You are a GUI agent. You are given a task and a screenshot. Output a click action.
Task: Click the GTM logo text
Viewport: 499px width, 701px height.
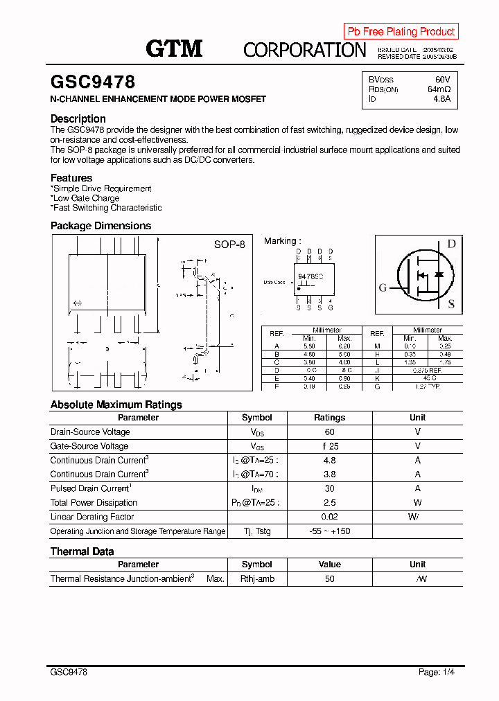point(174,48)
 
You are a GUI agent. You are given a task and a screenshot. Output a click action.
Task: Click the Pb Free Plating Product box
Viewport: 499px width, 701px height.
point(401,31)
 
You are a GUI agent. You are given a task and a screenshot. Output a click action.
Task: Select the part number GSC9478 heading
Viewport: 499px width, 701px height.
point(93,82)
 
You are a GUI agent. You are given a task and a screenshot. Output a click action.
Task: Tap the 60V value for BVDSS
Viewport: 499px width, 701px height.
point(442,80)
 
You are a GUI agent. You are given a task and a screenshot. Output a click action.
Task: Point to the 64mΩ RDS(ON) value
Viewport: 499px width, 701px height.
point(439,89)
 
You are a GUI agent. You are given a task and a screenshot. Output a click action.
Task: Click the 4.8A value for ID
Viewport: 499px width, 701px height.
point(441,99)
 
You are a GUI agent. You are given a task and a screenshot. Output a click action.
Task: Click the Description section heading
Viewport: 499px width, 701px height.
point(78,118)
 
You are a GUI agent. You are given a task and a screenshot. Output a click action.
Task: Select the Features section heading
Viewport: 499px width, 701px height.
point(71,178)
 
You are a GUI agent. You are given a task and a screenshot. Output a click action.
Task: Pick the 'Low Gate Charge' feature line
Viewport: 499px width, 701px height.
point(86,198)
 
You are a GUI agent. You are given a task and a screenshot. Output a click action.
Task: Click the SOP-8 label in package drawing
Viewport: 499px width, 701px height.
point(229,245)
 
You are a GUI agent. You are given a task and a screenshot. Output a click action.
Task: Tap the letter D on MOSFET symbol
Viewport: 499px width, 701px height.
point(451,244)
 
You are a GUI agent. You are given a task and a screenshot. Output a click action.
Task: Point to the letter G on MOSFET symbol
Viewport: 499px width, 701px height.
point(383,288)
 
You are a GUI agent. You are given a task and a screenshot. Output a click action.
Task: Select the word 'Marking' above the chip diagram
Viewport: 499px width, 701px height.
point(280,241)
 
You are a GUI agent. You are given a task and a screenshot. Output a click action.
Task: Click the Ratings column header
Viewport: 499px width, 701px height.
point(329,418)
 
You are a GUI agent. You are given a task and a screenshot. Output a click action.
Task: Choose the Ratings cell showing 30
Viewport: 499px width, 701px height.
point(329,488)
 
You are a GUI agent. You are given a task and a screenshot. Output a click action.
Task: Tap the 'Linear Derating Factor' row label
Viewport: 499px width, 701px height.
point(92,517)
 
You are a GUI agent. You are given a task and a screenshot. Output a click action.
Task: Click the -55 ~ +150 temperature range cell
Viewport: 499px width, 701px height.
point(329,531)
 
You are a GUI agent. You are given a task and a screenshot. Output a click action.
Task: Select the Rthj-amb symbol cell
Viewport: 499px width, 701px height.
point(257,578)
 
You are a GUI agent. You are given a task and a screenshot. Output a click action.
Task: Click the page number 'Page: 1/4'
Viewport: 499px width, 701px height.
point(437,672)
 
